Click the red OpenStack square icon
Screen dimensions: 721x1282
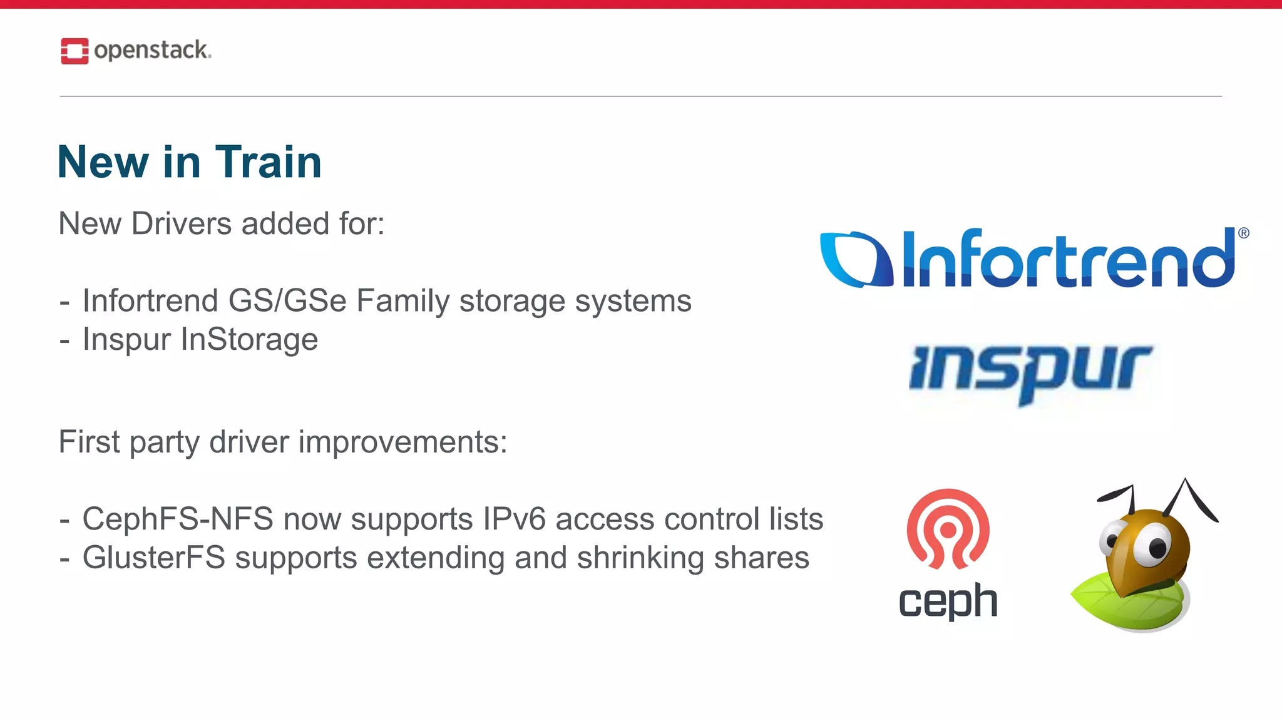coord(74,51)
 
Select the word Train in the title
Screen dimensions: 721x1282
coord(269,162)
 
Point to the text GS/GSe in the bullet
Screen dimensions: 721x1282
coord(287,301)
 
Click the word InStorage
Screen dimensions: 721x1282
coord(249,340)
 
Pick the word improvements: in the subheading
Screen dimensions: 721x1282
coord(403,442)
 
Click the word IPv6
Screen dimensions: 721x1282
coord(514,519)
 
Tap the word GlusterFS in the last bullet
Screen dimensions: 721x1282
coord(153,558)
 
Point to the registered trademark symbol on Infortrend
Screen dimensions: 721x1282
coord(1243,233)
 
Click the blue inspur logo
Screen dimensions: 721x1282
coord(1030,372)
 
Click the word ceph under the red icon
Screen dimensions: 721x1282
coord(948,601)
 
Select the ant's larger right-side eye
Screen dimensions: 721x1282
coord(1152,546)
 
